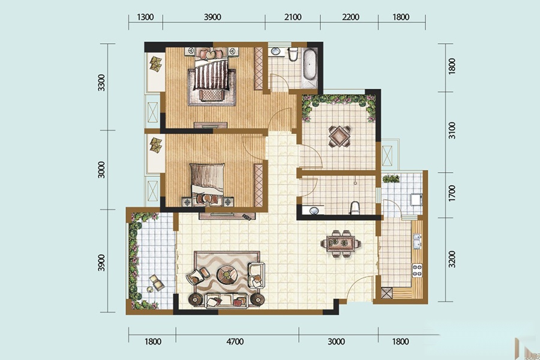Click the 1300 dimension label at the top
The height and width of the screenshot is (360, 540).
click(x=145, y=17)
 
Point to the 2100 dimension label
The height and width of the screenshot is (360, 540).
click(x=293, y=17)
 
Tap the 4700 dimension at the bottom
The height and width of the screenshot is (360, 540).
click(x=235, y=341)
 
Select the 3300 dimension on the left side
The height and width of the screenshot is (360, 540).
click(x=101, y=83)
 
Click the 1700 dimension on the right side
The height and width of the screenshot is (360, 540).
click(x=452, y=194)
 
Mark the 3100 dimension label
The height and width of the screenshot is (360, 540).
click(x=452, y=131)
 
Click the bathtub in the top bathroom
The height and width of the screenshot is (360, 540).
click(x=310, y=64)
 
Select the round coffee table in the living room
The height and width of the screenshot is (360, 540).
click(x=227, y=275)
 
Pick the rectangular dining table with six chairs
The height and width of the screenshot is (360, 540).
click(x=341, y=244)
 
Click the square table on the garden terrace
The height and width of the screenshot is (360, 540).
click(x=340, y=136)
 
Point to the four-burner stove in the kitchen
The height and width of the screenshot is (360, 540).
click(x=418, y=270)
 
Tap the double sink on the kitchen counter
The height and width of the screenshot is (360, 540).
click(x=417, y=241)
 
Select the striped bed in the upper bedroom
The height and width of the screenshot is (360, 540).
click(x=211, y=73)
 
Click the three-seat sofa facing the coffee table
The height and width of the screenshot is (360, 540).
click(x=226, y=301)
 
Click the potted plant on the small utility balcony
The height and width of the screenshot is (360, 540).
click(x=391, y=178)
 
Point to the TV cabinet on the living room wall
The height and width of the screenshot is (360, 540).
click(x=227, y=216)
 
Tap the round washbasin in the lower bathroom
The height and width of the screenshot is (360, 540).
click(x=314, y=210)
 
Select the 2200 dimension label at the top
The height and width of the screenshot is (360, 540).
click(x=350, y=17)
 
